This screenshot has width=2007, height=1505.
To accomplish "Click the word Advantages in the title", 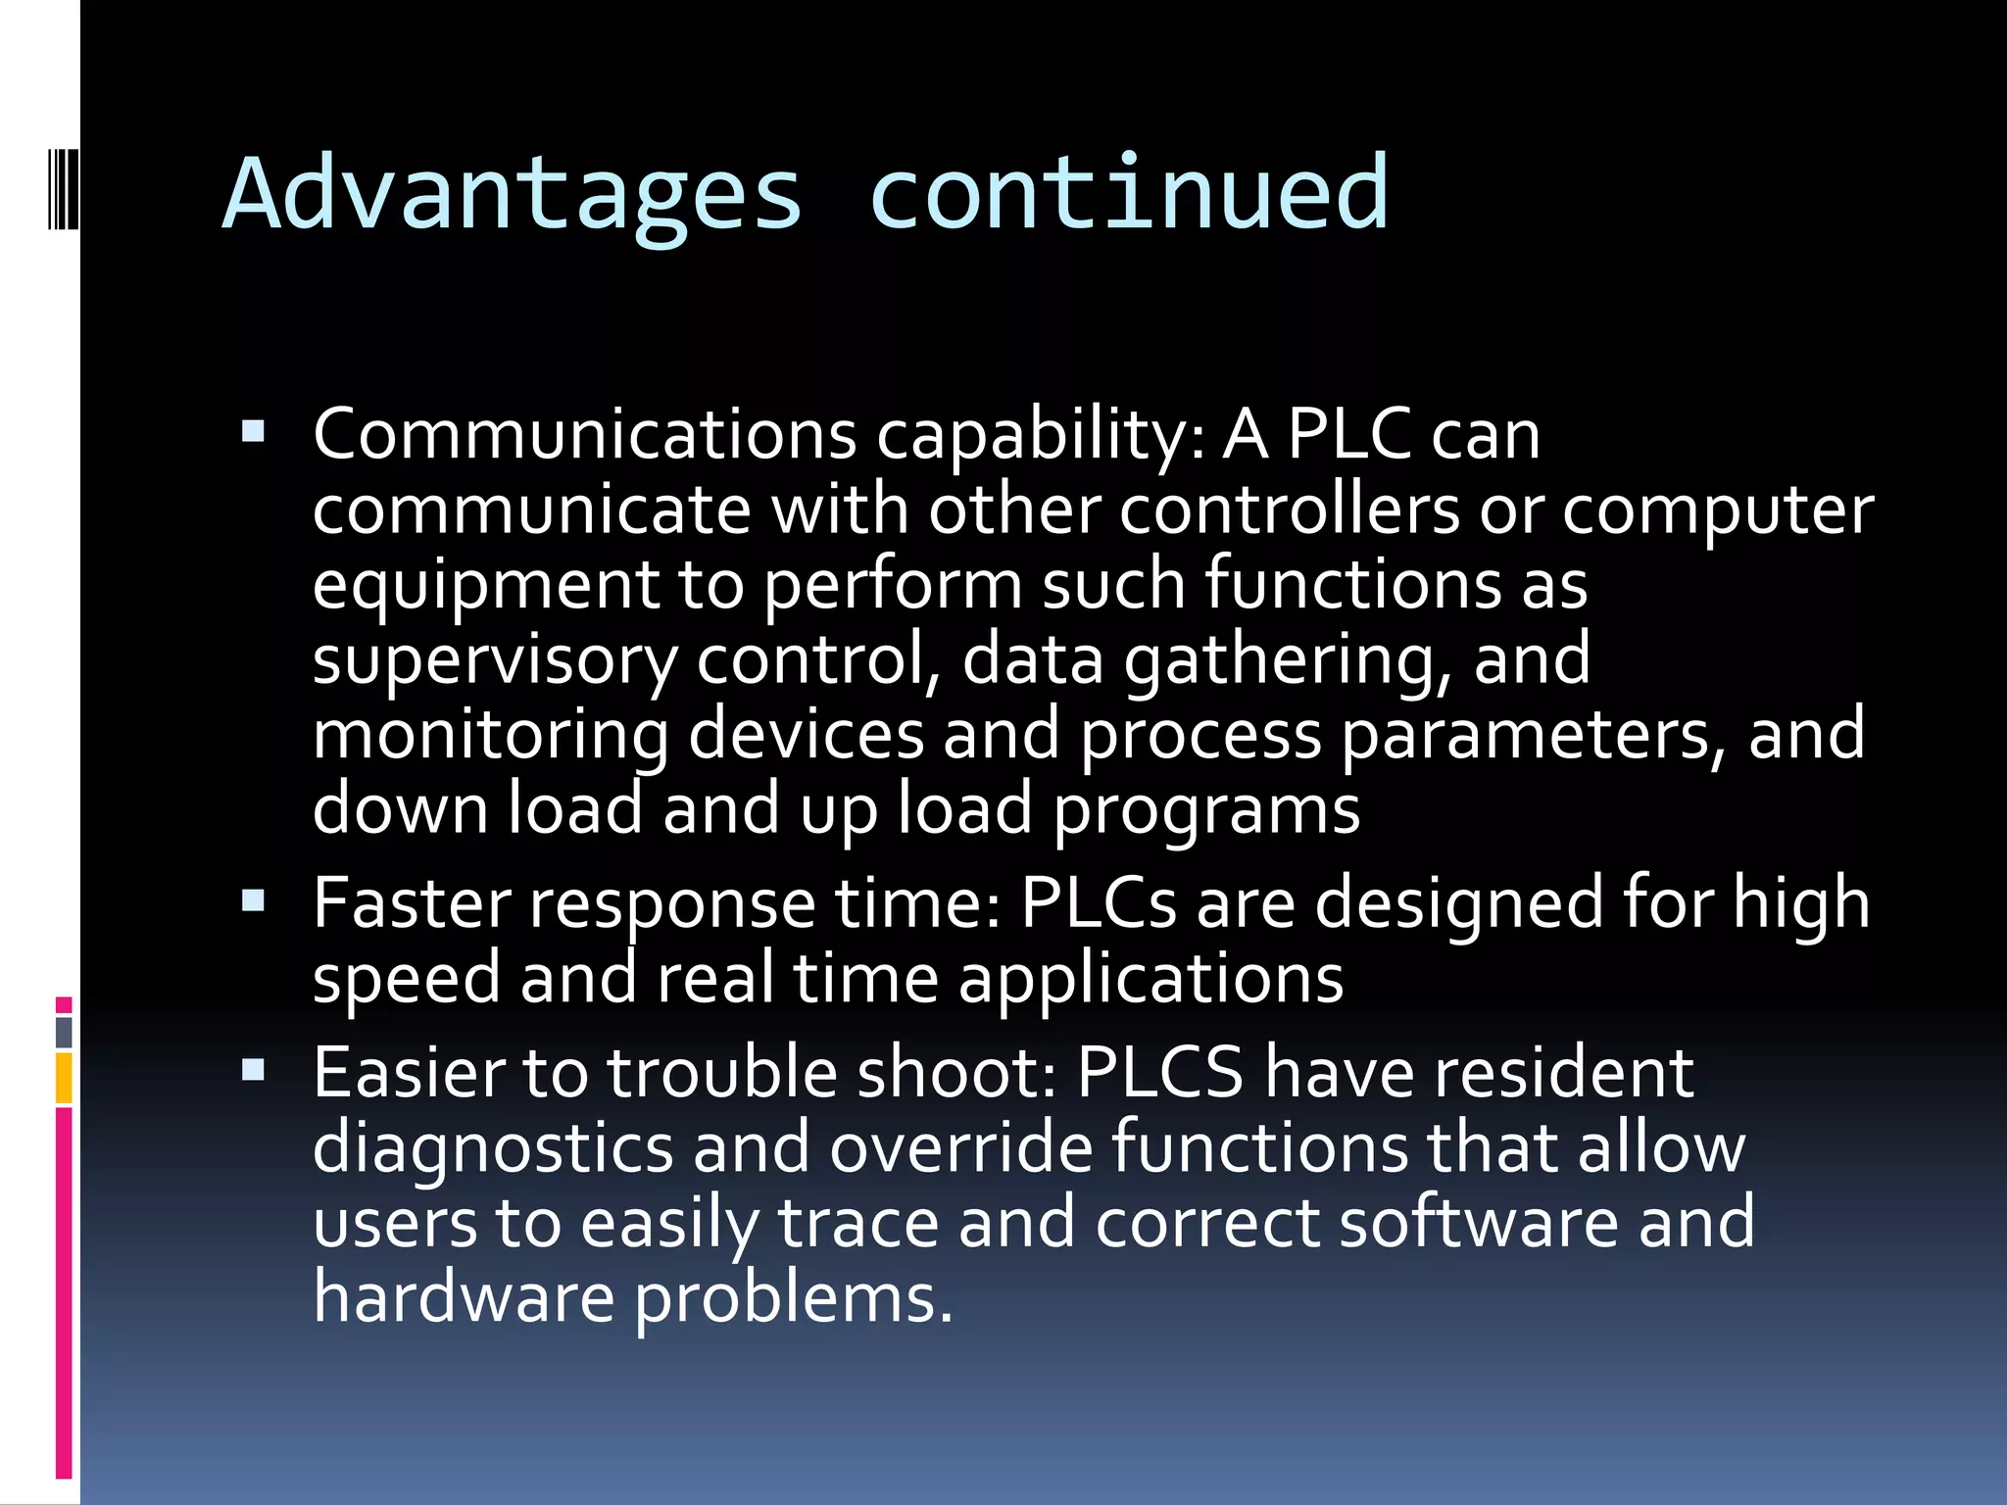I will tap(512, 196).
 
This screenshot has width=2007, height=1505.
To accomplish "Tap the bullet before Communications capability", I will tap(253, 431).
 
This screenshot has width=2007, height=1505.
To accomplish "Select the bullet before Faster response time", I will tap(253, 899).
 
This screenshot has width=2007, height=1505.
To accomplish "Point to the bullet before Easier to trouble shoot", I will tap(253, 1069).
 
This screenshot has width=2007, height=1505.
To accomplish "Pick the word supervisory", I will tap(494, 661).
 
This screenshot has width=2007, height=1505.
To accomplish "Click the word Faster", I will tap(412, 903).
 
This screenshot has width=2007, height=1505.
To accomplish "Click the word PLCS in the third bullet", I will tap(1159, 1073).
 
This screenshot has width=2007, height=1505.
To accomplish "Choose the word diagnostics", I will tap(493, 1149).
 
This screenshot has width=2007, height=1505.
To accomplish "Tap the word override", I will tap(960, 1147).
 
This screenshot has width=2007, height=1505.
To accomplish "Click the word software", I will tap(1478, 1224).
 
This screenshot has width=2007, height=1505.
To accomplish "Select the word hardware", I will tap(464, 1298).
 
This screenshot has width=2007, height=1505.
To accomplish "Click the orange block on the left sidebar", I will tap(64, 1078).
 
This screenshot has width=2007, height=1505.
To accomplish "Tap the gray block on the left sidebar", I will tap(64, 1032).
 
